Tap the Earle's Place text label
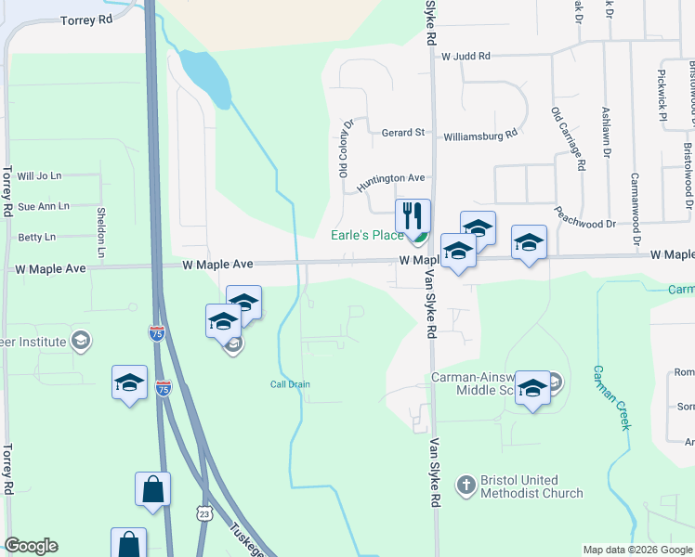click(x=368, y=235)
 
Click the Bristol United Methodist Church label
click(x=531, y=486)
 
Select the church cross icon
click(x=466, y=485)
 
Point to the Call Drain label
click(x=290, y=384)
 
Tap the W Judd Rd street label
click(x=466, y=57)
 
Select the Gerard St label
click(x=402, y=133)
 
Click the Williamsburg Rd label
click(x=480, y=136)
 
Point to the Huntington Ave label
click(x=390, y=178)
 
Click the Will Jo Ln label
click(x=39, y=175)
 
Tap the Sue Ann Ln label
click(x=44, y=206)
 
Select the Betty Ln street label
click(x=36, y=238)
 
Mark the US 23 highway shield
click(x=204, y=512)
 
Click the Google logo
click(x=31, y=546)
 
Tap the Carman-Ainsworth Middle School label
click(x=479, y=384)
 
